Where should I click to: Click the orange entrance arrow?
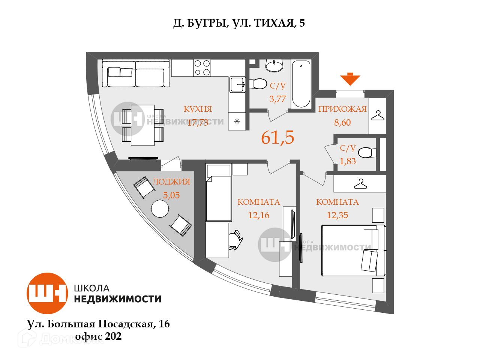point(350,79)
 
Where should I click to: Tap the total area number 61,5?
point(277,138)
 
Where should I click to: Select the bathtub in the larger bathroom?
point(301,84)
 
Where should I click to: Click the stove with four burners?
point(202,68)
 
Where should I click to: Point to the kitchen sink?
point(237,84)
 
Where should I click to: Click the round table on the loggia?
point(160,208)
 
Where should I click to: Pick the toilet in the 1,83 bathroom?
point(366,153)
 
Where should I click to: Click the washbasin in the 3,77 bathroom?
point(274,66)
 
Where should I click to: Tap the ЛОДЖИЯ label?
point(171,182)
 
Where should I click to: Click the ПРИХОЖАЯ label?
point(342,109)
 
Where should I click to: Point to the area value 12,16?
point(259,215)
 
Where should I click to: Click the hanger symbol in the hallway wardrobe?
point(377,115)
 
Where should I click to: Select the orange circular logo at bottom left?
point(47,293)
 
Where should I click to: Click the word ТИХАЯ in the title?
point(274,23)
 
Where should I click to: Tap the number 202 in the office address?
point(113,336)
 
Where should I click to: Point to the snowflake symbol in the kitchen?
point(237,121)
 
